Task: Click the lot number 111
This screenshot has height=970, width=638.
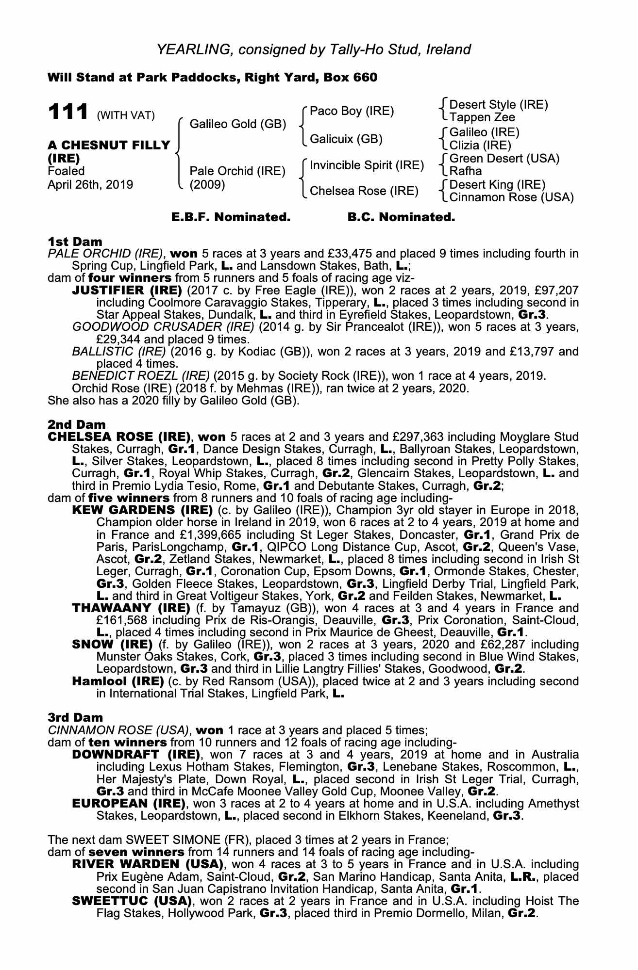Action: click(67, 112)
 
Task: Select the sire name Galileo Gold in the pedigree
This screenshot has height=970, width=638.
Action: click(237, 124)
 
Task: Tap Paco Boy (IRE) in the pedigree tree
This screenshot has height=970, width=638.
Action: click(352, 111)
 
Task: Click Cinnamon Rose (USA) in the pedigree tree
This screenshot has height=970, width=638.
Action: click(511, 197)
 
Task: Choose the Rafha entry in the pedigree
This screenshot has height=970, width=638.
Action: click(466, 171)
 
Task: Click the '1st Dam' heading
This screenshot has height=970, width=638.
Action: click(75, 242)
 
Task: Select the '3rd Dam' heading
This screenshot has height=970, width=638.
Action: click(75, 717)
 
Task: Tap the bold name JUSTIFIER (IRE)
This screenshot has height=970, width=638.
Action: click(127, 291)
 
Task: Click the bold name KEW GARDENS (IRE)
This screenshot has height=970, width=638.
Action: click(142, 510)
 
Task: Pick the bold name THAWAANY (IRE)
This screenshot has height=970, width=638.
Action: click(131, 608)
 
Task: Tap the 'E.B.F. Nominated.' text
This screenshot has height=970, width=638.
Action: click(231, 217)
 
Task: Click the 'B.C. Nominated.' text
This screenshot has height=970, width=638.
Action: click(401, 217)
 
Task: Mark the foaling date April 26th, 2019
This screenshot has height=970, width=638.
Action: click(90, 185)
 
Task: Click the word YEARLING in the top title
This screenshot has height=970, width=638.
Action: click(186, 49)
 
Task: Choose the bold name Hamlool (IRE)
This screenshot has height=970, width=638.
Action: click(118, 681)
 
